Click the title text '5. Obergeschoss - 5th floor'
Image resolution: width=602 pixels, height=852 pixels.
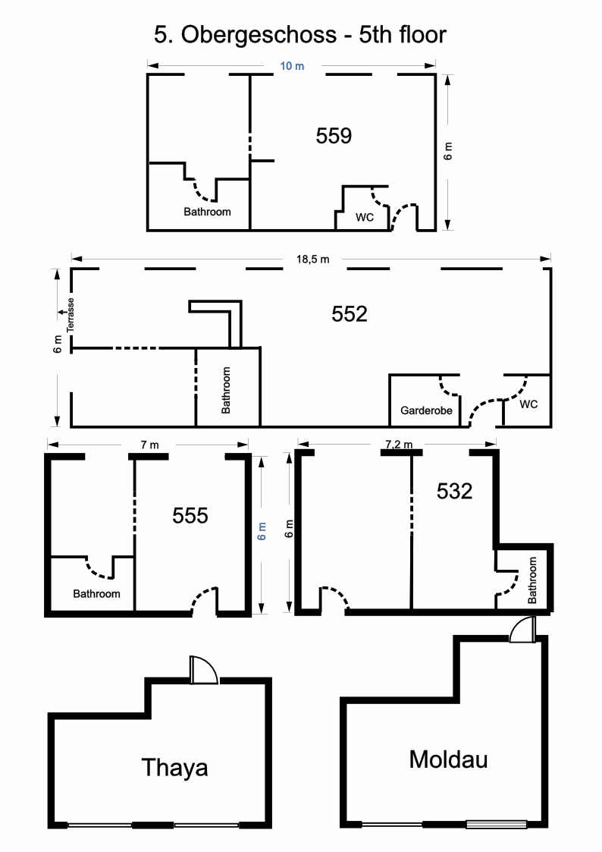coord(300,35)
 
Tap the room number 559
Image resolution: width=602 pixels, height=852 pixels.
coord(334,135)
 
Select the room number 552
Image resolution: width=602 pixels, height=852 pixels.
coord(350,314)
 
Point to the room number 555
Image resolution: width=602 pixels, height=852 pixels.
coord(190,516)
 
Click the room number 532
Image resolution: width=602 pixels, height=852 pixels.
coord(454,491)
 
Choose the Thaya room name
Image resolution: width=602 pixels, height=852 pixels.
coord(175,767)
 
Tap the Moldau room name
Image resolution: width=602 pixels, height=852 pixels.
coord(448,759)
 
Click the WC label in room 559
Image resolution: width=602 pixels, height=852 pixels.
coord(365,217)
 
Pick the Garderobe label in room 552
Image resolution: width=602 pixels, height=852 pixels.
coord(426,410)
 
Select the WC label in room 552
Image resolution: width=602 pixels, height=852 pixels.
coord(528,404)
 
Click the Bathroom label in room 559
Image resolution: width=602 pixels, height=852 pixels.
coord(207,212)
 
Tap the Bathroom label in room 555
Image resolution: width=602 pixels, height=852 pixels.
coord(96,594)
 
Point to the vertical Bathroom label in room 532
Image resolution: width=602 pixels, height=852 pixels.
coord(532,580)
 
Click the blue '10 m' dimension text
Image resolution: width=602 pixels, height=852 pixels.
coord(292,66)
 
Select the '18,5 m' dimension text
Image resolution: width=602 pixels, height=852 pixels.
coord(312,259)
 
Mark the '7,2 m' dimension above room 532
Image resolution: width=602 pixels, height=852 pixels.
coord(399,445)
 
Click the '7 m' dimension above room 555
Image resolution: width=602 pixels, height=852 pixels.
coord(150,445)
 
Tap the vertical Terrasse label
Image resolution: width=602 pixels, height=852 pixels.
coord(70,315)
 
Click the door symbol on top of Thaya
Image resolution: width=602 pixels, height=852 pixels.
coord(203,670)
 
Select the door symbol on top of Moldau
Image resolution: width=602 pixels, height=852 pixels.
coord(522,630)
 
